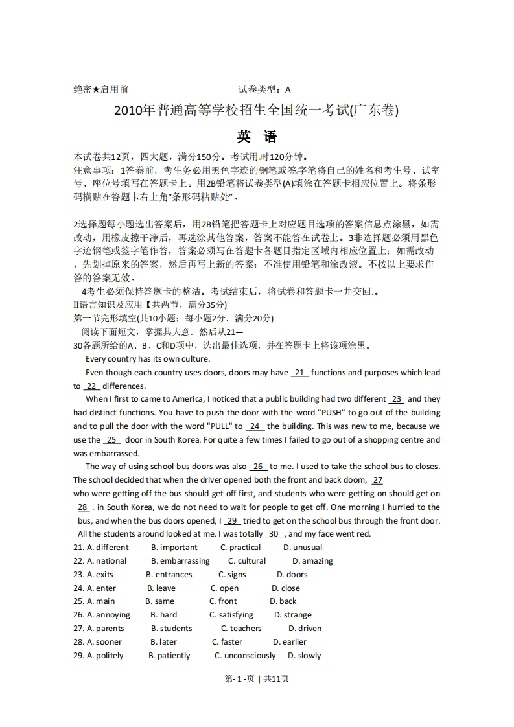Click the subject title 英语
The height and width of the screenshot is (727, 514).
[257, 137]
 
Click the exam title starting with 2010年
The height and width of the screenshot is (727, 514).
[257, 111]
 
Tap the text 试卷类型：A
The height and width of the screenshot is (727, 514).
[264, 90]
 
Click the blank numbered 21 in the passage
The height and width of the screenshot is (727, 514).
[300, 373]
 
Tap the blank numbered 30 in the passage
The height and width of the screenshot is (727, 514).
[274, 534]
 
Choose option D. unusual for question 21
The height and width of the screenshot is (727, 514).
[303, 548]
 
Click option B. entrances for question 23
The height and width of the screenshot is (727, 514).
[169, 575]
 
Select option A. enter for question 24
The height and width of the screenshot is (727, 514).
[102, 588]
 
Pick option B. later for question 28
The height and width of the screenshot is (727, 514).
[163, 642]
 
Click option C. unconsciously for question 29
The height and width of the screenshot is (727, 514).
[245, 656]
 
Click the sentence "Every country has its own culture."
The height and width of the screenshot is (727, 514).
[148, 359]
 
